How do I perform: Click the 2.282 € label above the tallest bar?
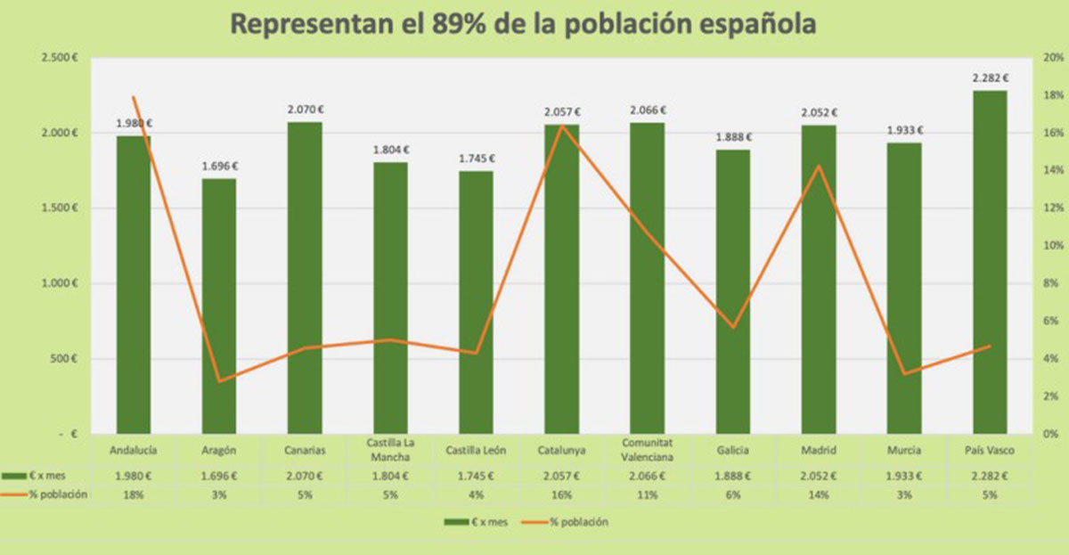click(x=990, y=78)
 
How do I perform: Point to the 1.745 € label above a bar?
click(x=476, y=159)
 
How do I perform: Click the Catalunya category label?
click(x=561, y=450)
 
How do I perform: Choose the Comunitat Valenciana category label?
click(x=647, y=450)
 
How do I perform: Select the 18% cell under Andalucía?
click(x=134, y=495)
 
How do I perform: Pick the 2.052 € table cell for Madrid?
click(x=819, y=476)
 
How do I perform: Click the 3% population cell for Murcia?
click(x=904, y=495)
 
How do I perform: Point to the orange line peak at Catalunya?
click(x=562, y=126)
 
